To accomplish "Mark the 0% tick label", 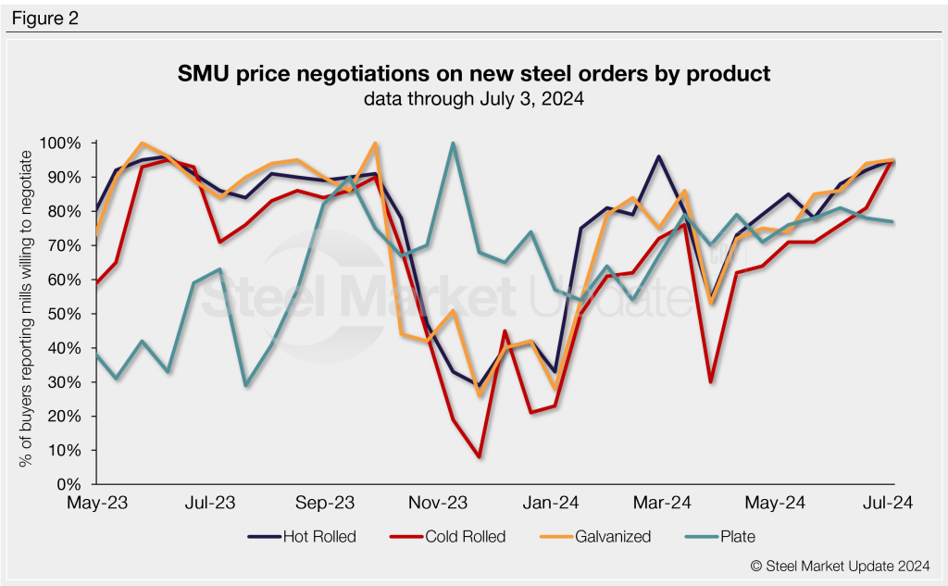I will click(x=72, y=484).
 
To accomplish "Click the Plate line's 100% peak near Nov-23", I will click(x=452, y=143).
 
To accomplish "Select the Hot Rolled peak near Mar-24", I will click(x=658, y=156).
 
